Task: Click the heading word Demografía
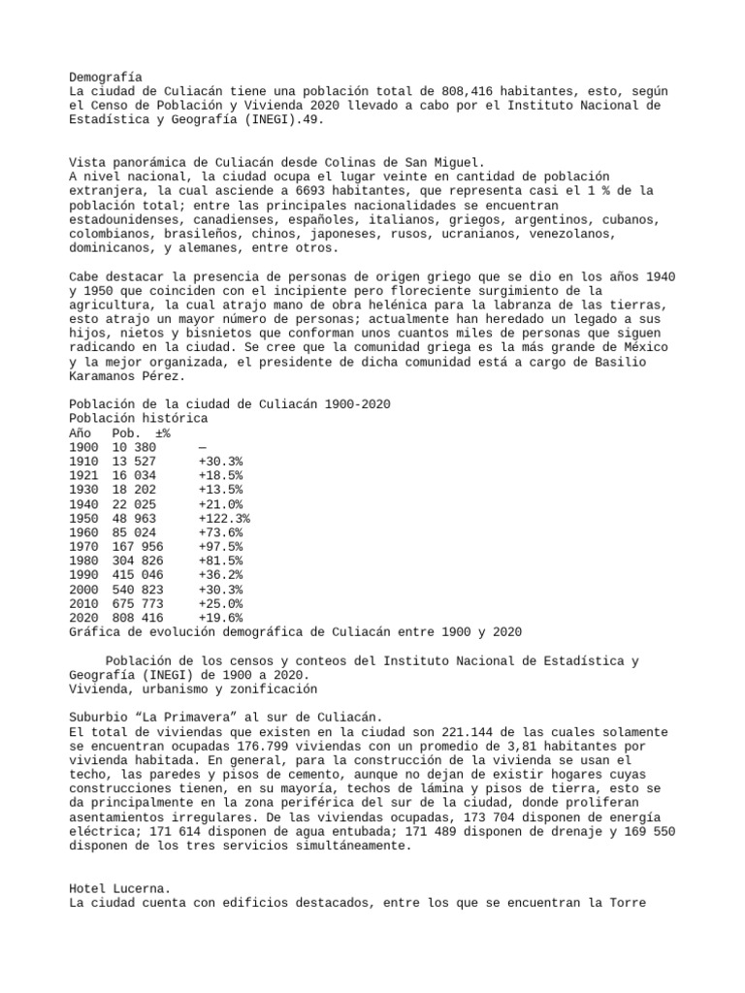pos(106,77)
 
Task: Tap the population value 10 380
pos(134,447)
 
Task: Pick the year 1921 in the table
pos(84,476)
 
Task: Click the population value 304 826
pos(138,561)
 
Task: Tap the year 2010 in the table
pos(84,604)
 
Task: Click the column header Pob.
pos(127,432)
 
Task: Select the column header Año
pos(81,432)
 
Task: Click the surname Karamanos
pos(106,376)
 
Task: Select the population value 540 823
pos(138,590)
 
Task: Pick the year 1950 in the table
pos(84,519)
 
